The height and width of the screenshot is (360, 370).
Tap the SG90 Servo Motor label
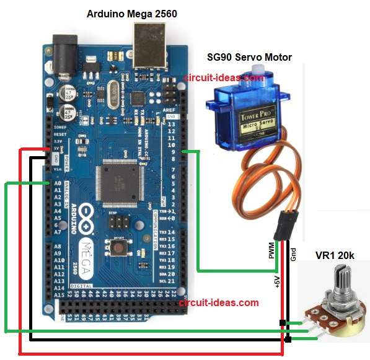(x=249, y=57)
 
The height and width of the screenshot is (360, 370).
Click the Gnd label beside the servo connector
(x=293, y=253)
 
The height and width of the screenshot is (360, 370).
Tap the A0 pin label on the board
(x=58, y=184)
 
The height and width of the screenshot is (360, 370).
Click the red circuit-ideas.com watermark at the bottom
(x=218, y=303)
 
